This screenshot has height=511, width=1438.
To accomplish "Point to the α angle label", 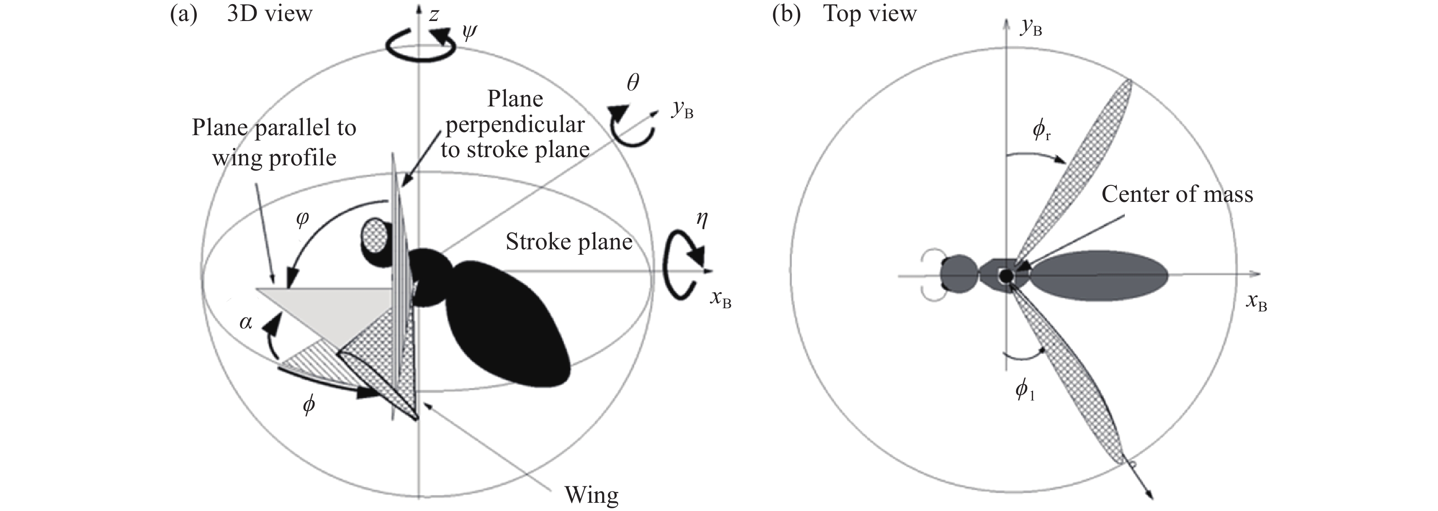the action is pos(245,322).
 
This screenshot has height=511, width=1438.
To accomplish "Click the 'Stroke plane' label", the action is pos(569,242).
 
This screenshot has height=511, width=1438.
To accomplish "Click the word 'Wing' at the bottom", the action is pos(591,495).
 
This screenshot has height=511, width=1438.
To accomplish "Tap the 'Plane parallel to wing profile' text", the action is pos(274,143).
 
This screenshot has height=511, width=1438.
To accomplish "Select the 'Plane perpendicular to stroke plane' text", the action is pos(514,124).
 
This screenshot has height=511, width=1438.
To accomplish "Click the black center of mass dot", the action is pos(1006,275).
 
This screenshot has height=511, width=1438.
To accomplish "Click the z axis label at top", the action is pos(433,15).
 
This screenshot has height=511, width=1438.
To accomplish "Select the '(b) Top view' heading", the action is pos(844,13).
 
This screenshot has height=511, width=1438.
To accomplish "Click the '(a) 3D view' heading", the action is pos(241,13).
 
